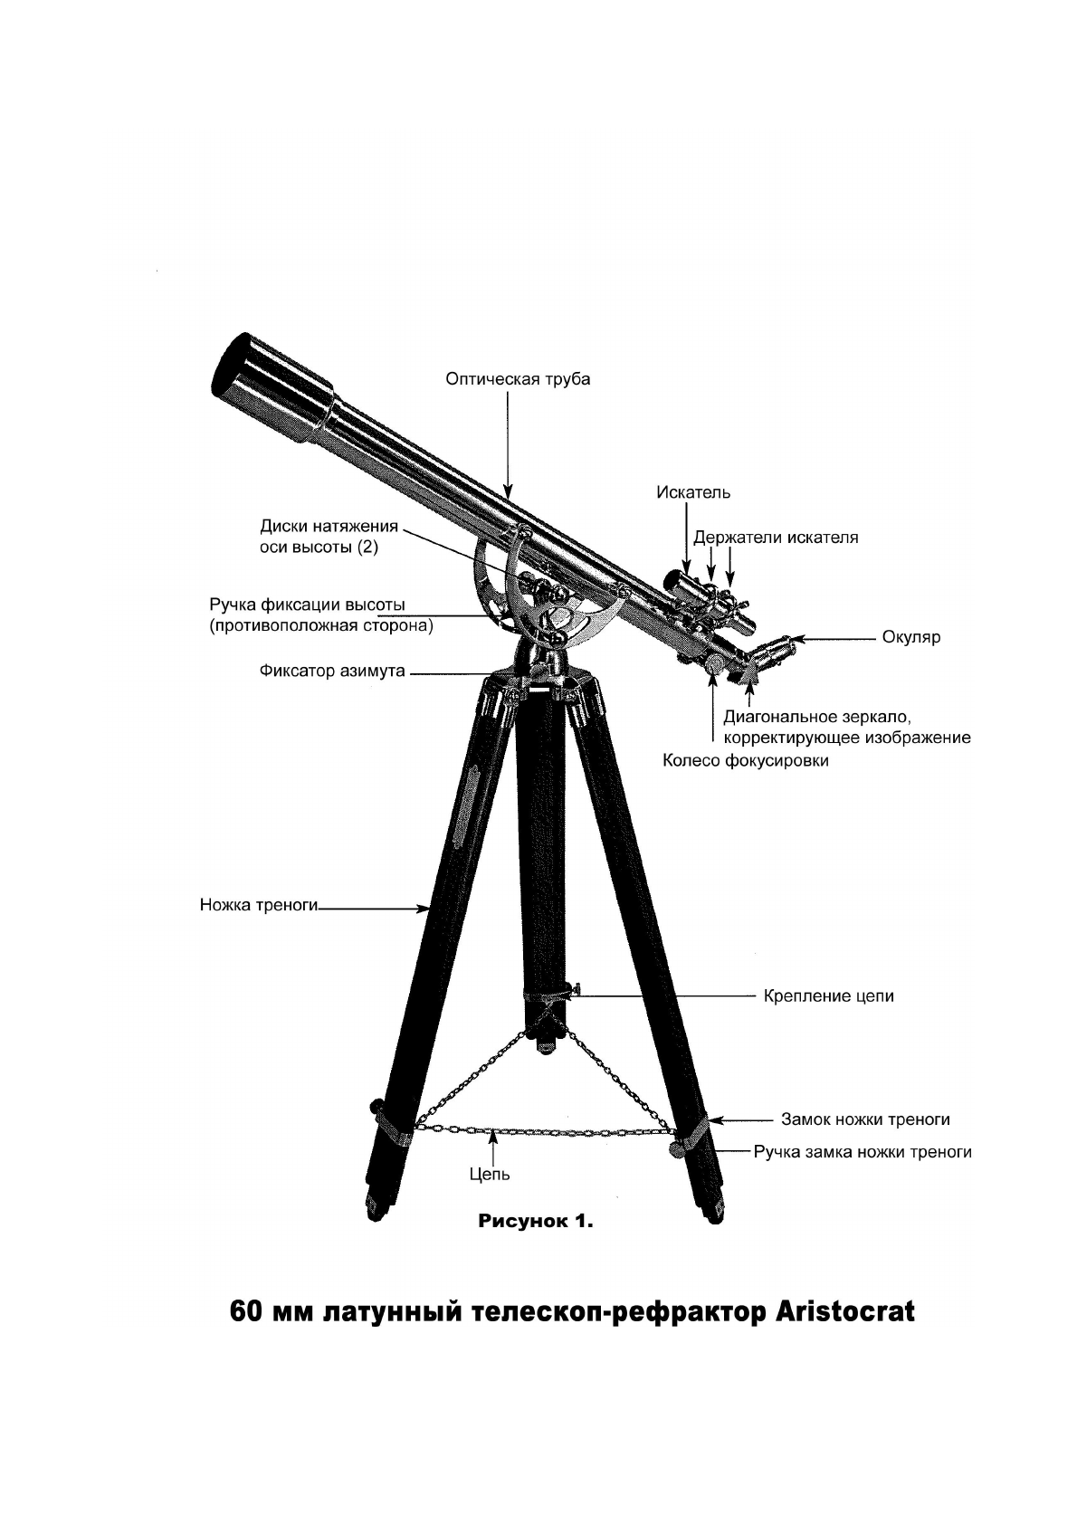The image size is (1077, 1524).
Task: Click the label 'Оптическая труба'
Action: pyautogui.click(x=518, y=379)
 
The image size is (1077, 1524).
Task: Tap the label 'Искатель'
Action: pyautogui.click(x=693, y=492)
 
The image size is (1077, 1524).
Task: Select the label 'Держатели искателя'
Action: pyautogui.click(x=776, y=538)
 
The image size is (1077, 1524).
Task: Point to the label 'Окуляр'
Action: pyautogui.click(x=911, y=637)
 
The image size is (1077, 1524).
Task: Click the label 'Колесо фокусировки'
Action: pyautogui.click(x=746, y=761)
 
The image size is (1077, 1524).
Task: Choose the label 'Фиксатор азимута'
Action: pyautogui.click(x=332, y=672)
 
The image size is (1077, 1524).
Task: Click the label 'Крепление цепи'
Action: pyautogui.click(x=828, y=996)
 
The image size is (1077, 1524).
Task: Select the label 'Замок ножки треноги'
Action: pyautogui.click(x=865, y=1119)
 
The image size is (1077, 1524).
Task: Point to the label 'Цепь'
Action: pyautogui.click(x=491, y=1174)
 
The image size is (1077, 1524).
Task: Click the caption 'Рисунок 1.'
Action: pyautogui.click(x=535, y=1222)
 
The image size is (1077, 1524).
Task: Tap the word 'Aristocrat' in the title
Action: pyautogui.click(x=845, y=1311)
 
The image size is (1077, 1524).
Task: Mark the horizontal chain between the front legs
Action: pyautogui.click(x=543, y=1131)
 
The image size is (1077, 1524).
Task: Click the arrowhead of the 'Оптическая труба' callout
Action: pyautogui.click(x=509, y=493)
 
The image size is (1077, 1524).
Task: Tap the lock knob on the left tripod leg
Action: pyautogui.click(x=376, y=1108)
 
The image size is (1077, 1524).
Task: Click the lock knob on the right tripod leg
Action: pyautogui.click(x=677, y=1148)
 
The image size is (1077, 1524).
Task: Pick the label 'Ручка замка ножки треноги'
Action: pyautogui.click(x=863, y=1152)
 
